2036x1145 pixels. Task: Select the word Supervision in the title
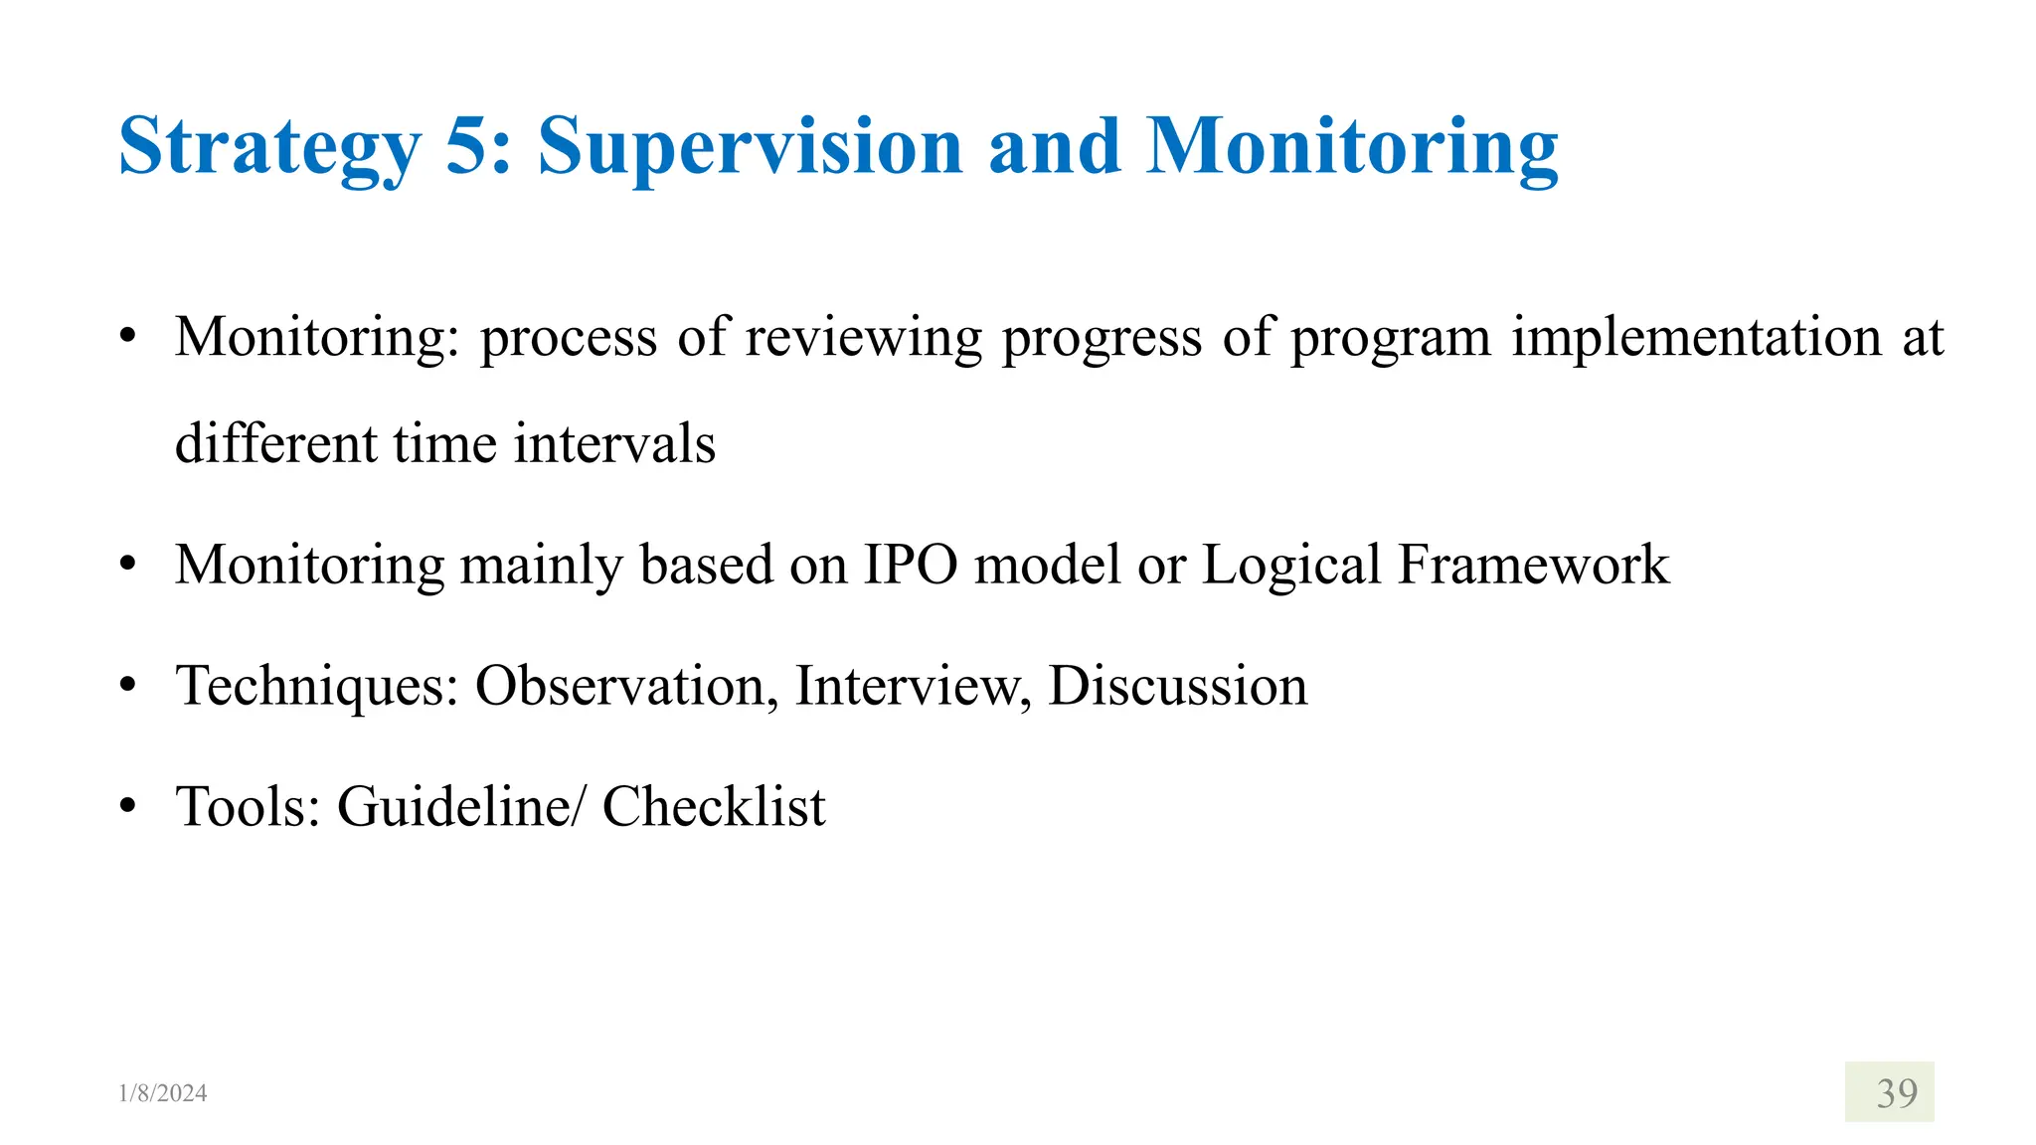click(x=751, y=147)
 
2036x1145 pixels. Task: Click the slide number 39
click(x=1897, y=1093)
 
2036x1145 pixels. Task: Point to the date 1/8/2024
click(x=163, y=1093)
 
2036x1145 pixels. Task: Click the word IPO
click(x=911, y=565)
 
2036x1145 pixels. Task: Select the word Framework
click(x=1534, y=565)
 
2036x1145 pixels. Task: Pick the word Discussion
click(x=1177, y=686)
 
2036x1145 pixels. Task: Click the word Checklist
click(x=714, y=806)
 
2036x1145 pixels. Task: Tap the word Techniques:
click(x=317, y=686)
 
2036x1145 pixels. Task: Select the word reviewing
click(x=863, y=338)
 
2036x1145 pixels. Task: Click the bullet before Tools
click(x=127, y=806)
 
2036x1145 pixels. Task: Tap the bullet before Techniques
click(x=127, y=686)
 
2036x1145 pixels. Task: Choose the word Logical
click(x=1291, y=565)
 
